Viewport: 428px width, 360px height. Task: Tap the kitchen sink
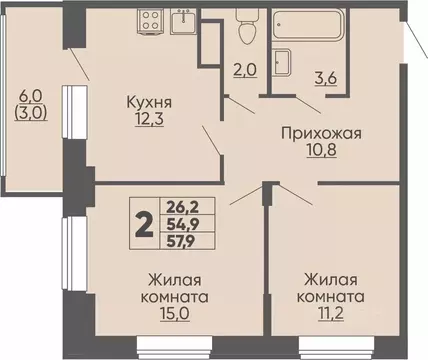coord(186,21)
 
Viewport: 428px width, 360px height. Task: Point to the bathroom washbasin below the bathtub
coord(283,61)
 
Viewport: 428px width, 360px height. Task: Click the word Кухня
coord(147,103)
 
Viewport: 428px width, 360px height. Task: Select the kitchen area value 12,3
coord(147,121)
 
